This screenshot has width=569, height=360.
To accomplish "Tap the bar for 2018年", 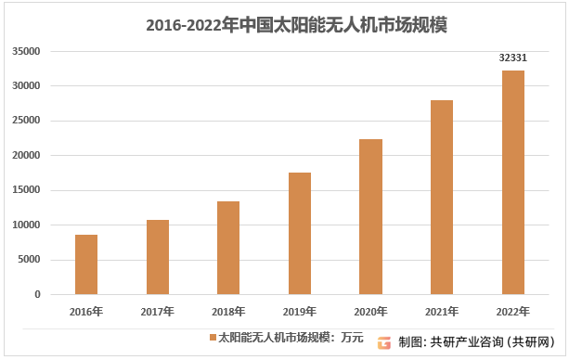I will coord(228,248).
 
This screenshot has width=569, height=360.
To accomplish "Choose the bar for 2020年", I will coord(370,216).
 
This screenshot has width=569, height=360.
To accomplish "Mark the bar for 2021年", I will coord(442,197).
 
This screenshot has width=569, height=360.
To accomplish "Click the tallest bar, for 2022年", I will coord(513,182).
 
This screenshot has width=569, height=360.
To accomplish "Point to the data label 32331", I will coord(513,58).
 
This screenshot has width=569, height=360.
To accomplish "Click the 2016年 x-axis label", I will coord(86,312).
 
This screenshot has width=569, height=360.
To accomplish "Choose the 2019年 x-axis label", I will coord(300,312).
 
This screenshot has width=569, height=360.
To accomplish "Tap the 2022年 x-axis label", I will coord(513,312).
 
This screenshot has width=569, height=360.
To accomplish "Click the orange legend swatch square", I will coord(212,336).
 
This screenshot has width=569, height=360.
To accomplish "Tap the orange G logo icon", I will coord(383,341).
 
